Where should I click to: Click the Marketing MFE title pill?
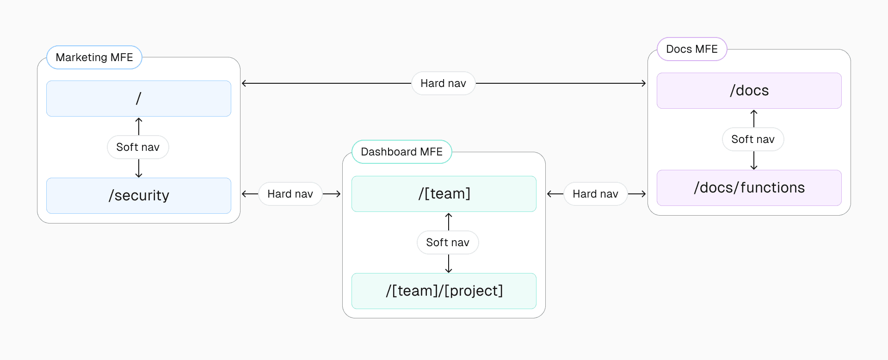tap(94, 57)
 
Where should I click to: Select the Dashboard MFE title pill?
tap(401, 152)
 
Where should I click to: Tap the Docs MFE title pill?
tap(691, 49)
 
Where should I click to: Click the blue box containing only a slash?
tap(139, 99)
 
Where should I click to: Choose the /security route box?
tap(139, 196)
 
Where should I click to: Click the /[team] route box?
tap(444, 194)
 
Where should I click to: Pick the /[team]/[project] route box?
tap(444, 291)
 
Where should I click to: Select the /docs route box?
tap(749, 91)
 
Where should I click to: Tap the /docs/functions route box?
tap(749, 188)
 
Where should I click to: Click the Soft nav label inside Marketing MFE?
tap(138, 147)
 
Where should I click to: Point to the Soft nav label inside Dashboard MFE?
tap(448, 242)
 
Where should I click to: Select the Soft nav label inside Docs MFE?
tap(753, 139)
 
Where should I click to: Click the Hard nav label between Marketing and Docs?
tap(443, 83)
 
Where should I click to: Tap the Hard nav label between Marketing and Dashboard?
tap(290, 194)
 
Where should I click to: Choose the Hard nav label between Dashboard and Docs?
tap(595, 194)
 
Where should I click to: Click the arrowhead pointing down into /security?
tap(139, 175)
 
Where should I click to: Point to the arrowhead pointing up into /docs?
tap(754, 112)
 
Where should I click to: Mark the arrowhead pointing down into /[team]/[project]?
tap(449, 271)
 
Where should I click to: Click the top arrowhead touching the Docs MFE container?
tap(643, 83)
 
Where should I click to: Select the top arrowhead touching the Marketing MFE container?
tap(244, 83)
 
